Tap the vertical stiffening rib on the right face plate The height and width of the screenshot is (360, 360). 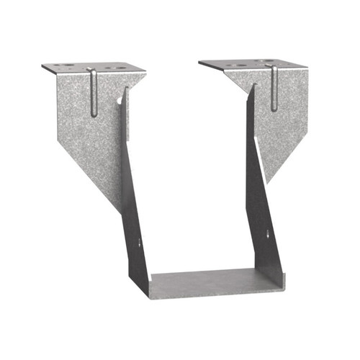coord(274,89)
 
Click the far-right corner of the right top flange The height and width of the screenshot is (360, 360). coord(308,68)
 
